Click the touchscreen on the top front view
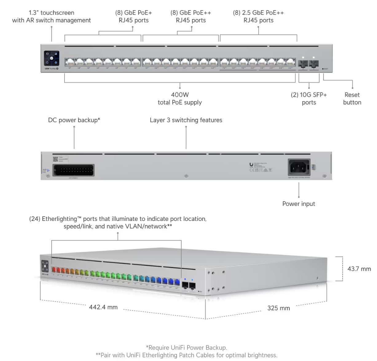[x=51, y=58]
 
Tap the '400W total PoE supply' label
[x=180, y=99]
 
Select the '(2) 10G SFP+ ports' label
[x=309, y=99]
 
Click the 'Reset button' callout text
[x=352, y=99]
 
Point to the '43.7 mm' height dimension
[x=359, y=269]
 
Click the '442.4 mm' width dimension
[x=103, y=307]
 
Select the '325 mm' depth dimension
[x=278, y=308]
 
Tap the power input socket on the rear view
[x=299, y=167]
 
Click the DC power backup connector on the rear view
[x=73, y=170]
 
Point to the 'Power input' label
[x=299, y=204]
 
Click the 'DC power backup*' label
[x=74, y=120]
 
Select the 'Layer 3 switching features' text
[x=186, y=120]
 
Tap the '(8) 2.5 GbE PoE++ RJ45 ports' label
[x=258, y=17]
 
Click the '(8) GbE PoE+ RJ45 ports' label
[x=134, y=17]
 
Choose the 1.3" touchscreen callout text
[x=51, y=17]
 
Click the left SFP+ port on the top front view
[x=303, y=63]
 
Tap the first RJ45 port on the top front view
[x=70, y=62]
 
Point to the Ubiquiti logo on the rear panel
[x=251, y=165]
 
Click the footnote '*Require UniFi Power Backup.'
[x=186, y=347]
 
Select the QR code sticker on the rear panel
[x=55, y=159]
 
